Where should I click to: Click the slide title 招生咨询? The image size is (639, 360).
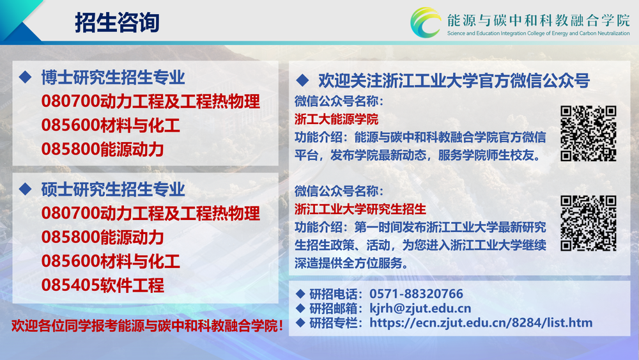[117, 22]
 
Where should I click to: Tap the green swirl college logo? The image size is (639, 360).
[425, 23]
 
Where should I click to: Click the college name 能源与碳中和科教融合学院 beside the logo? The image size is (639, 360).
[538, 20]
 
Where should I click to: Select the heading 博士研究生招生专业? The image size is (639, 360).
[113, 77]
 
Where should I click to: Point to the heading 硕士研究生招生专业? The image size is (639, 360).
[113, 189]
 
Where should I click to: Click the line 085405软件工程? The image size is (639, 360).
[103, 285]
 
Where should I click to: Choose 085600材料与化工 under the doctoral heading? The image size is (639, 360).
[111, 125]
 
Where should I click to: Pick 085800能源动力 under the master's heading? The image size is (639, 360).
[103, 237]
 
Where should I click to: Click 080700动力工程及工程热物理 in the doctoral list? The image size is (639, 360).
[150, 102]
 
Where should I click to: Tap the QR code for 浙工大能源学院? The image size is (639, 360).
[588, 133]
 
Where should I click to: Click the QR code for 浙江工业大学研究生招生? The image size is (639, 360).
[588, 223]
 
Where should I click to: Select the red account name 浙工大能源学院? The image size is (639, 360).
[336, 119]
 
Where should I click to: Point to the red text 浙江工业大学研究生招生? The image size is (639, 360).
[360, 209]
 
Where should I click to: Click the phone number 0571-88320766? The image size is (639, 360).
[416, 293]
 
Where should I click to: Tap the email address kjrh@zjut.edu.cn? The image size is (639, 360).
[420, 308]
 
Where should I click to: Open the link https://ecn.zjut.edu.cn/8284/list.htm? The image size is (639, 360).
[481, 322]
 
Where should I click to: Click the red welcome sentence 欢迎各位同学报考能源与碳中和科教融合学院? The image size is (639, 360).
[147, 325]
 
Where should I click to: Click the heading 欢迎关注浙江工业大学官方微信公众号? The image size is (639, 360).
[454, 81]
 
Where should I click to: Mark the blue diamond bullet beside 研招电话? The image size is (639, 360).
[300, 293]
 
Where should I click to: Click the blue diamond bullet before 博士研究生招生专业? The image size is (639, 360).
[26, 77]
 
